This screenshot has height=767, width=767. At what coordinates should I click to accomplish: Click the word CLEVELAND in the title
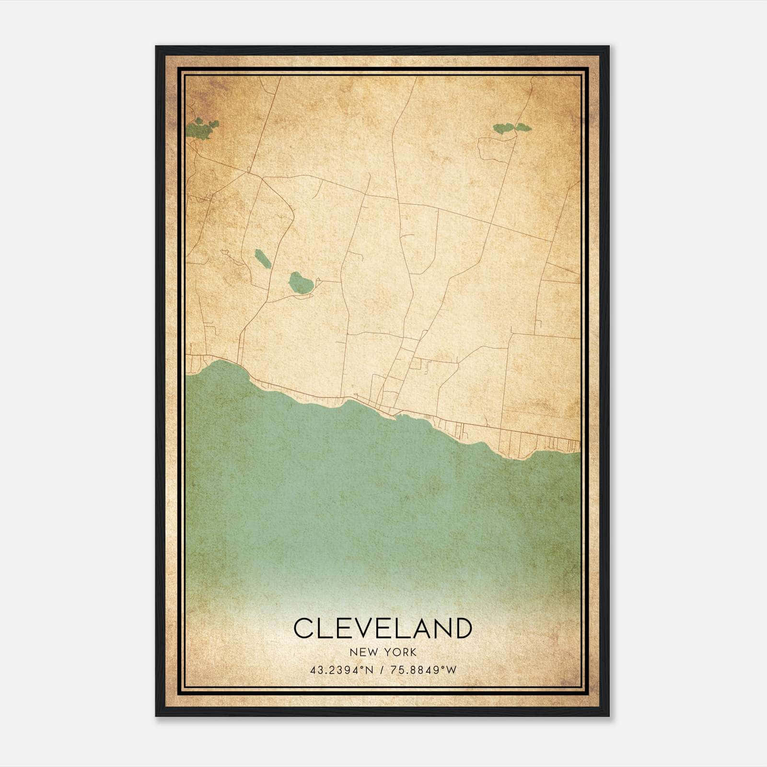[383, 628]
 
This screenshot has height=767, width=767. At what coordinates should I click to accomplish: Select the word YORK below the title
[400, 652]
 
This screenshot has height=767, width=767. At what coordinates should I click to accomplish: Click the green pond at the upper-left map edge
[201, 128]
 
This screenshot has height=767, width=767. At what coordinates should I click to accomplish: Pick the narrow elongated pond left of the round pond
[263, 259]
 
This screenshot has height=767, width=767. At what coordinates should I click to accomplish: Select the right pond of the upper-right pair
[523, 128]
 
